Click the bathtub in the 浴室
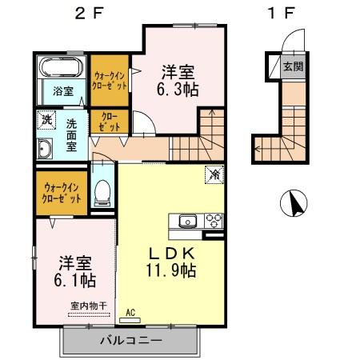(x=62, y=67)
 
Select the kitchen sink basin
(x=188, y=222)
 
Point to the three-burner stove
(x=214, y=221)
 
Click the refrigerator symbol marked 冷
(x=214, y=174)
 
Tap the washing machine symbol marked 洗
(x=46, y=120)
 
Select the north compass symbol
(x=294, y=203)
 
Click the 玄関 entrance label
(x=294, y=66)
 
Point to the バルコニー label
(x=131, y=340)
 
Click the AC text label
(x=130, y=312)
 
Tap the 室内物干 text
(x=89, y=306)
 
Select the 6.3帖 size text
(x=178, y=90)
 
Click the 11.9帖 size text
(x=171, y=270)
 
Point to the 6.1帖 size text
(x=75, y=280)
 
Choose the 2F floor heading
(x=89, y=14)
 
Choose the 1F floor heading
(x=282, y=14)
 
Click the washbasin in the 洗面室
(x=45, y=149)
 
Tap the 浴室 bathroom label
(x=63, y=91)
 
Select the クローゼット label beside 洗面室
(x=110, y=122)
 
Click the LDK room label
(x=172, y=254)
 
